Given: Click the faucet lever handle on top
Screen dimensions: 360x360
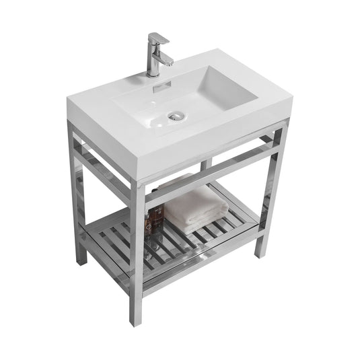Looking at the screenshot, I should point(157,38).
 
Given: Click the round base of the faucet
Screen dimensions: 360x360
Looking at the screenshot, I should point(153,73).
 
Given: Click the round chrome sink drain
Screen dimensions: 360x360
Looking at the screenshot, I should point(176,115).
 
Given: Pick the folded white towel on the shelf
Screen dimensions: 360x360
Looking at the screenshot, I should point(195,208).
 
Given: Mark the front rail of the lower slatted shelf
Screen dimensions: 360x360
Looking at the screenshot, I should point(202,259).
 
